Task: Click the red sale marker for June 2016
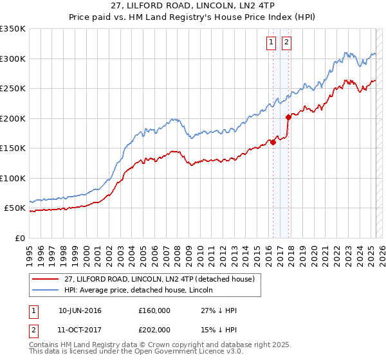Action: pyautogui.click(x=273, y=143)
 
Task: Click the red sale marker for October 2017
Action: pyautogui.click(x=288, y=117)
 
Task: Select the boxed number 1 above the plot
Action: pyautogui.click(x=271, y=43)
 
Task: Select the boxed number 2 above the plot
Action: pyautogui.click(x=286, y=43)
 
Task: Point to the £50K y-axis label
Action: pyautogui.click(x=15, y=208)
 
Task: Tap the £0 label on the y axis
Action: pyautogui.click(x=19, y=239)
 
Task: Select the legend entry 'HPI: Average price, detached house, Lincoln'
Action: pyautogui.click(x=142, y=290)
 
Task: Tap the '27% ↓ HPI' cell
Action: pyautogui.click(x=219, y=310)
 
